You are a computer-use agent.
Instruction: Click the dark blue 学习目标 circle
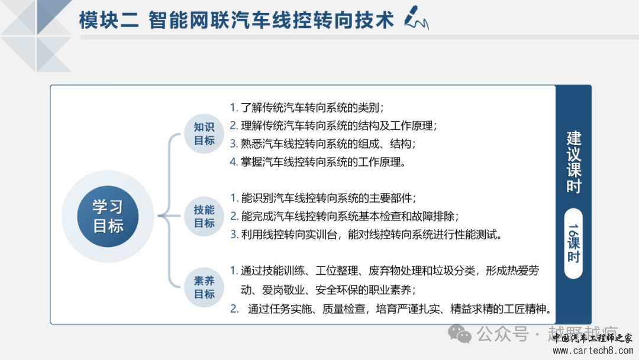click(108, 216)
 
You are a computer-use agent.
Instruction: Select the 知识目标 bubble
click(204, 134)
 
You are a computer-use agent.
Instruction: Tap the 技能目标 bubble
click(204, 217)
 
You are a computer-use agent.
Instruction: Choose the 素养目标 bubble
click(204, 287)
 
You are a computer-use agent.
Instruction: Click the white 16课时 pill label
click(573, 243)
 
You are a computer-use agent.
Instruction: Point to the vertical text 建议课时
click(573, 162)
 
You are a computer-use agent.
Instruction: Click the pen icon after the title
click(416, 18)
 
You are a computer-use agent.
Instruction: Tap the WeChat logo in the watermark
click(460, 334)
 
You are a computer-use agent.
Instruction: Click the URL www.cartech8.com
click(593, 350)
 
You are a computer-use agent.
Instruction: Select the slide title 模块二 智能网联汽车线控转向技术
click(236, 20)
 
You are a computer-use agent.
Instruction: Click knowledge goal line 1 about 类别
click(306, 108)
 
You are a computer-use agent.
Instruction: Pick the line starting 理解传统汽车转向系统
click(333, 126)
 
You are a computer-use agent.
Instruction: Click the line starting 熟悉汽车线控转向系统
click(322, 143)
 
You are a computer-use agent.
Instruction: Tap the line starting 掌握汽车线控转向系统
click(318, 162)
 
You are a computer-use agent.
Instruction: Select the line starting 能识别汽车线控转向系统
click(323, 198)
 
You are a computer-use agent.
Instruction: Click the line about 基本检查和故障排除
click(344, 216)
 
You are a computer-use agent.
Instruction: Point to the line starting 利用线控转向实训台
click(366, 234)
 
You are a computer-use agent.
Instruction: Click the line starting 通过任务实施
click(390, 308)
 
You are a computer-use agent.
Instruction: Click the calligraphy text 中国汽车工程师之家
click(592, 337)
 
